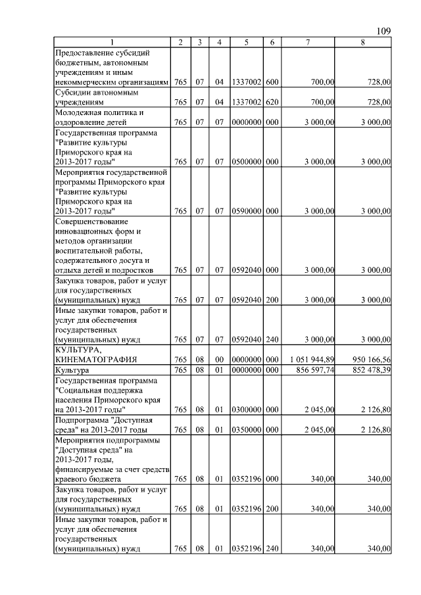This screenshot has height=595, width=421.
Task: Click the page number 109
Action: (384, 32)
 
